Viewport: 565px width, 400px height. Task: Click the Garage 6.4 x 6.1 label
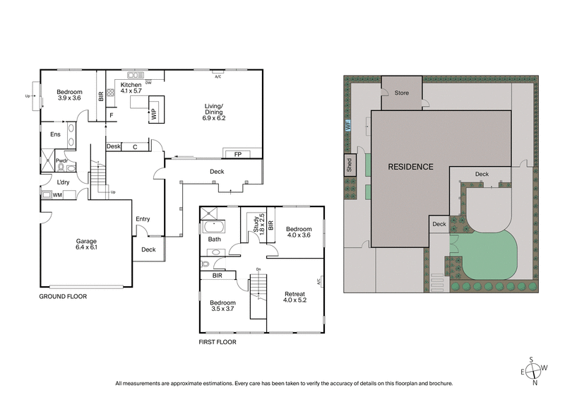pos(86,245)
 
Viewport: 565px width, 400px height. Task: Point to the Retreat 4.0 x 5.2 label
pos(295,297)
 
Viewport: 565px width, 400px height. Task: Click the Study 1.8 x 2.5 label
pos(258,227)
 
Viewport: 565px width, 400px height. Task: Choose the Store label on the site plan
pos(402,93)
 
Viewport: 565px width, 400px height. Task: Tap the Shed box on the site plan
pos(350,164)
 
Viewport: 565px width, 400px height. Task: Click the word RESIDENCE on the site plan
pos(410,167)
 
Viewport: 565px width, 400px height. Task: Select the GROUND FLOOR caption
pos(63,297)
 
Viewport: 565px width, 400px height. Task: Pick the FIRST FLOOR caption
pos(217,342)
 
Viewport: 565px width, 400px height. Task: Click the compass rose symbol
pos(534,368)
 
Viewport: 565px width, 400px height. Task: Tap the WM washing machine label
pos(57,195)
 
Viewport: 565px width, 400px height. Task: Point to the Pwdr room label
pos(61,161)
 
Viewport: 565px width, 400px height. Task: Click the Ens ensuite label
pos(55,134)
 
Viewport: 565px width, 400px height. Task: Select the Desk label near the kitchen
pos(114,146)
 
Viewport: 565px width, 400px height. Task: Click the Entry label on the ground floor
pos(143,219)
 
